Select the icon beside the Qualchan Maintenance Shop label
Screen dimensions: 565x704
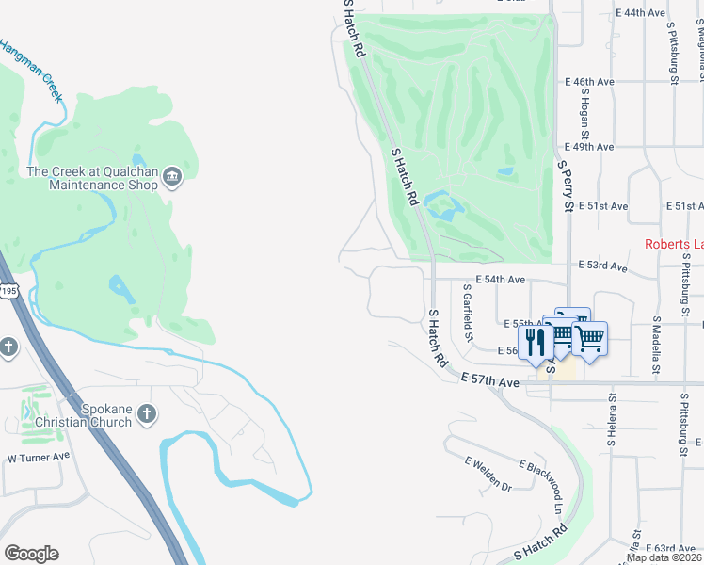172,176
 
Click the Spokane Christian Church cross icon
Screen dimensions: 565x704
146,413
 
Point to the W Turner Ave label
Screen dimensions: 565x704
39,457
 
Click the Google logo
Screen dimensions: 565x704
31,554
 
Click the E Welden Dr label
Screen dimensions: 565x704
488,474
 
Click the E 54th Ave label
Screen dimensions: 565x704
500,280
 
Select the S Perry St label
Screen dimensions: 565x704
566,186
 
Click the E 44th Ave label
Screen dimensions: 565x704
641,13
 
